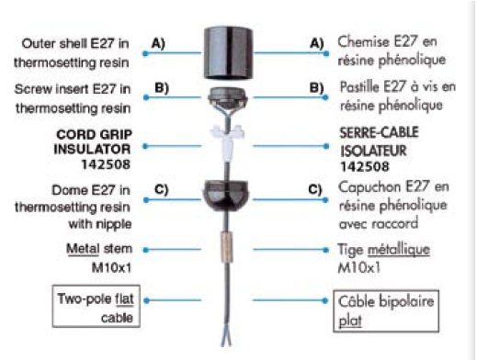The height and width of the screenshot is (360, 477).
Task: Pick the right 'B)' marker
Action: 317,89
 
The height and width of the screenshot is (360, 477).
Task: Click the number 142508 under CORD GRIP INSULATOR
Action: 100,165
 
